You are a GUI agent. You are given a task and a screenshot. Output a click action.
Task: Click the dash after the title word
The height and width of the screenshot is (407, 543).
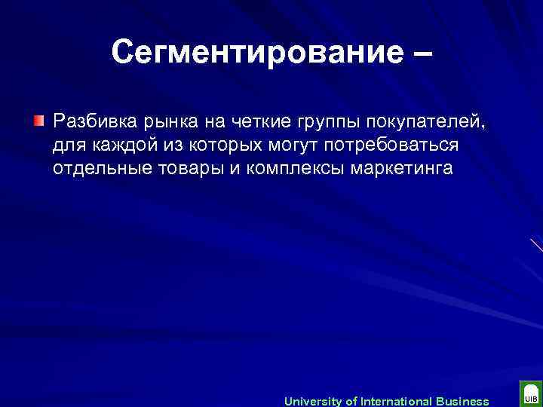pos(420,54)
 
